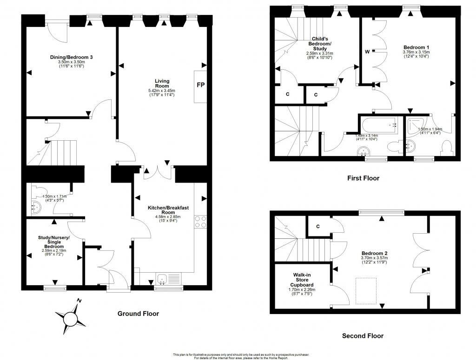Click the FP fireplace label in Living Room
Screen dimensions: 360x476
200,85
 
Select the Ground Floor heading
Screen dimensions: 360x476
138,314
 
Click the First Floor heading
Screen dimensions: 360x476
364,178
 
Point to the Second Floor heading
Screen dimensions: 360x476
363,335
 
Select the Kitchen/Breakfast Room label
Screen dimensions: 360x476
168,209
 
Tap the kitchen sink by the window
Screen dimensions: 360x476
162,279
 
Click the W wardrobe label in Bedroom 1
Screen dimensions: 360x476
367,52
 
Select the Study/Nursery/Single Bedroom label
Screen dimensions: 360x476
54,242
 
